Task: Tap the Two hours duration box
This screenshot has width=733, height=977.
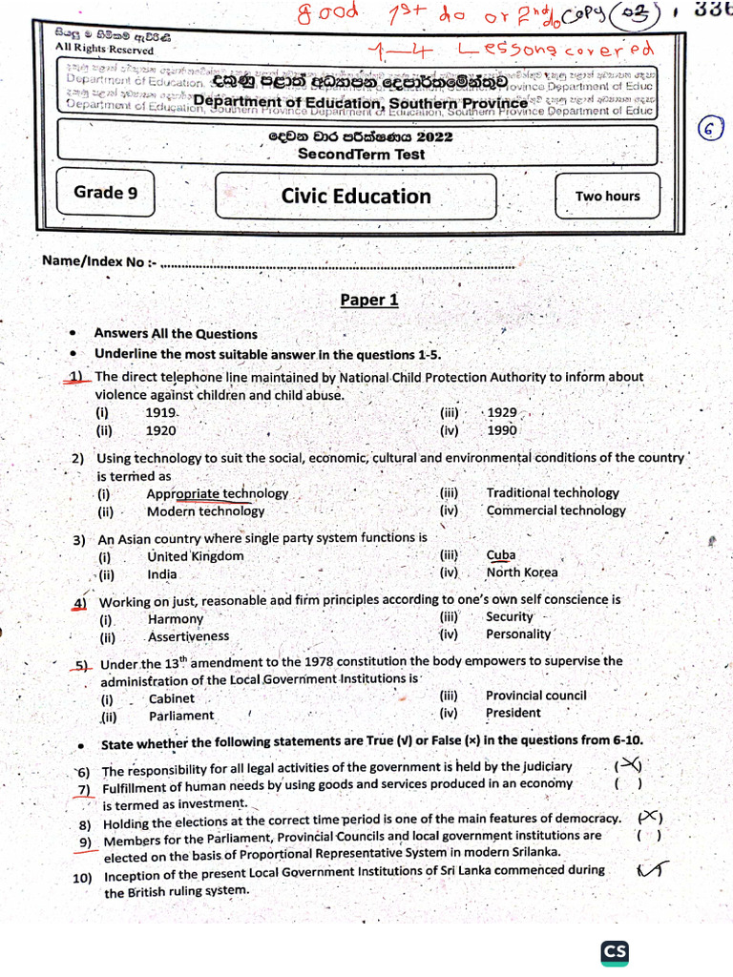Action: [x=607, y=197]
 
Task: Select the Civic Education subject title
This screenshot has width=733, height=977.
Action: [x=356, y=197]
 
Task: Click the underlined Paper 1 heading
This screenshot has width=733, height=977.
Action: [x=368, y=301]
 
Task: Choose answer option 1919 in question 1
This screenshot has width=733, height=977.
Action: [x=161, y=413]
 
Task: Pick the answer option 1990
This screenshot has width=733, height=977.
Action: [x=502, y=430]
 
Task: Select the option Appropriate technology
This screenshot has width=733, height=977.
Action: [x=217, y=493]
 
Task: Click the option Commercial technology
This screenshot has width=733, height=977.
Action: [x=555, y=510]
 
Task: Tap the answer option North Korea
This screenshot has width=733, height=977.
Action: [x=522, y=572]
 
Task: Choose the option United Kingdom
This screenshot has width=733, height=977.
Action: [x=196, y=555]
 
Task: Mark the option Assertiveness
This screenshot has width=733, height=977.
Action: [x=188, y=635]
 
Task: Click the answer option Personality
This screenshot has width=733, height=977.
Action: [x=518, y=634]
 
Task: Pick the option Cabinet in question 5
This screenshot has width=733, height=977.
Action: [x=171, y=698]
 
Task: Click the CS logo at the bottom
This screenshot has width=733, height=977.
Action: [x=614, y=952]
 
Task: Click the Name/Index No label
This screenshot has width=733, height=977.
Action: [x=94, y=261]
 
